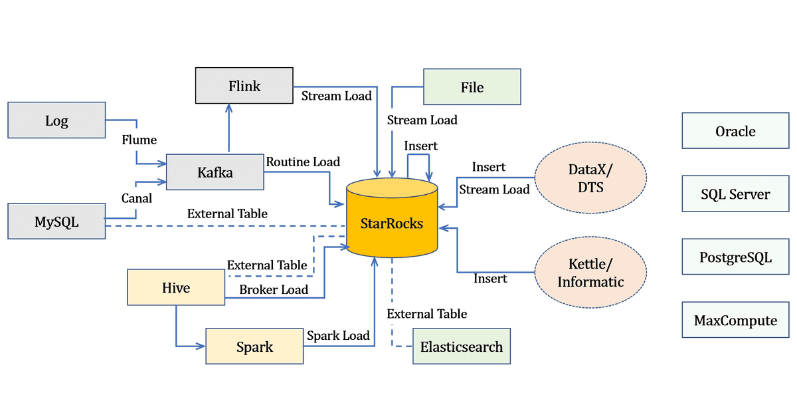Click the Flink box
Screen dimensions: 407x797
[244, 86]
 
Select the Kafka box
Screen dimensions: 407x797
[215, 173]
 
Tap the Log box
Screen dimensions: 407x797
[56, 120]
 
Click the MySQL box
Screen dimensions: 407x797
[56, 222]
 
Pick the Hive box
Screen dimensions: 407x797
[176, 287]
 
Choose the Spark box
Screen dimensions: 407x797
[254, 346]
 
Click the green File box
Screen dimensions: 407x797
[472, 87]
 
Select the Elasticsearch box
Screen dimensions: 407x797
[462, 346]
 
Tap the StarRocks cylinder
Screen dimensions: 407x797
[392, 223]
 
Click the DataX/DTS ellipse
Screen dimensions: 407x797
[590, 178]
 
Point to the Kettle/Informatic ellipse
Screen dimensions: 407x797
[590, 273]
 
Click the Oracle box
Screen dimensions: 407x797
[735, 131]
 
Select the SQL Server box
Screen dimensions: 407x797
[735, 194]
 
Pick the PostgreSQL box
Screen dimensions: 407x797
[735, 257]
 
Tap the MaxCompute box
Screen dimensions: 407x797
[735, 321]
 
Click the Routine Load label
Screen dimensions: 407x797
[303, 162]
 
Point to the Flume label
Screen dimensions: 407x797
[139, 140]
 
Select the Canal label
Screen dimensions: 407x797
[137, 198]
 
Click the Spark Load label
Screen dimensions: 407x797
[338, 336]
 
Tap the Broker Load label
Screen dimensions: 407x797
[274, 289]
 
